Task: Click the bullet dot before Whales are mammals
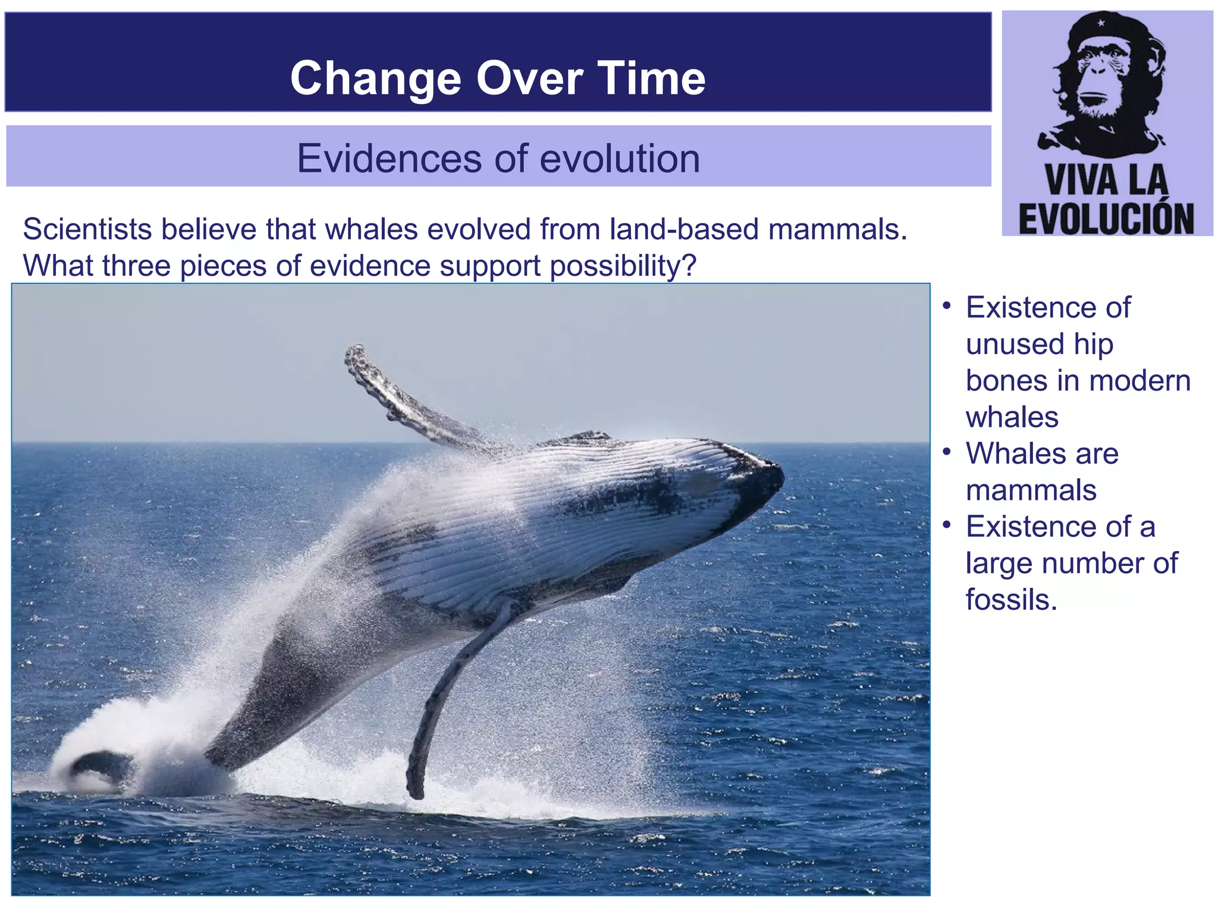click(947, 452)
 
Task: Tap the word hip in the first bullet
click(1094, 344)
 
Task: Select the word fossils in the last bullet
click(1011, 599)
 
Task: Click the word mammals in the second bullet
click(1031, 490)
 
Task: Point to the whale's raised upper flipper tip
click(356, 352)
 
